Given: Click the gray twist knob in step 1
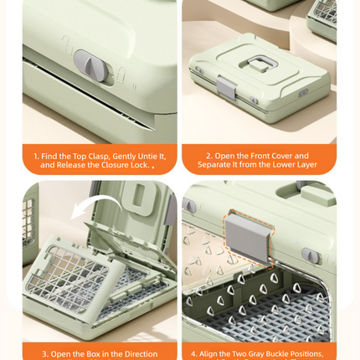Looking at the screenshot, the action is tap(91, 66).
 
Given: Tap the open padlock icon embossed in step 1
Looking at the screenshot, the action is tap(67, 44).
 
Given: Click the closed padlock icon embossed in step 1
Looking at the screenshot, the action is tap(121, 75).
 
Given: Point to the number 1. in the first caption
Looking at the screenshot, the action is tap(36, 156).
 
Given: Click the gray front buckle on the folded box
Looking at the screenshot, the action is tap(227, 87).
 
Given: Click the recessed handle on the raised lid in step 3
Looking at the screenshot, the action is tap(139, 198).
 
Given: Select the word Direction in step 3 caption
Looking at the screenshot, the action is tap(141, 354).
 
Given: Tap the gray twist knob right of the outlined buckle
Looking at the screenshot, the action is tap(311, 255).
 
